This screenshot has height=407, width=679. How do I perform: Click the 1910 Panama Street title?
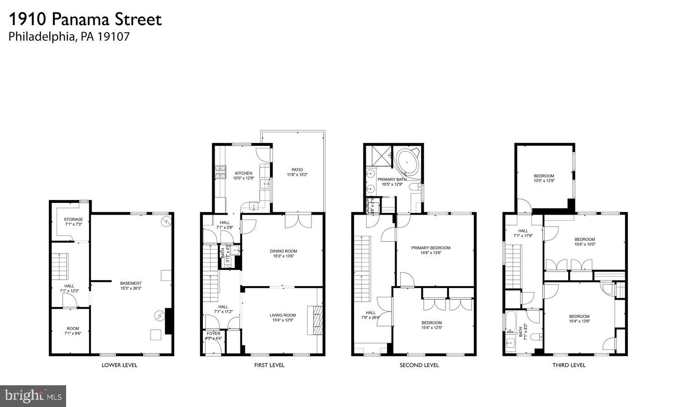coord(85,19)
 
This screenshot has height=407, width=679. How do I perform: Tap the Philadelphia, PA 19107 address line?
coord(69,37)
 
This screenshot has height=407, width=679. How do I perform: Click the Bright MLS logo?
coord(33,396)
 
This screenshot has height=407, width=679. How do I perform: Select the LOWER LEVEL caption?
coord(120,365)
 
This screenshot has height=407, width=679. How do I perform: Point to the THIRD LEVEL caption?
coord(569,365)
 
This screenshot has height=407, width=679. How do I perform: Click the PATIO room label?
coord(297,170)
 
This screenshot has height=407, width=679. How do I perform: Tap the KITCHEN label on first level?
coord(243,173)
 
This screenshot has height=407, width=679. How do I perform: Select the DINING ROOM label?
coord(283,251)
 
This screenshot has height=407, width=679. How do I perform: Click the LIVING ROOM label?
coord(282,316)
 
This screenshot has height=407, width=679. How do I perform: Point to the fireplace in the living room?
coord(316,320)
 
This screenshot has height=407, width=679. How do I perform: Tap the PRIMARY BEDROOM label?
coord(430,248)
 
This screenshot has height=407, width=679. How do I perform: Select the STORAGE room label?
coord(73,220)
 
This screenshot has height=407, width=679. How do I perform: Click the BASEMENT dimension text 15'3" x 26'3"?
coord(131,288)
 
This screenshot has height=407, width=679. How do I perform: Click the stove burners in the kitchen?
coord(220,172)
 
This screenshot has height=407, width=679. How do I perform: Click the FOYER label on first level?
coord(213,334)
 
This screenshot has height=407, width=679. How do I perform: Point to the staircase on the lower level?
coord(59,266)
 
